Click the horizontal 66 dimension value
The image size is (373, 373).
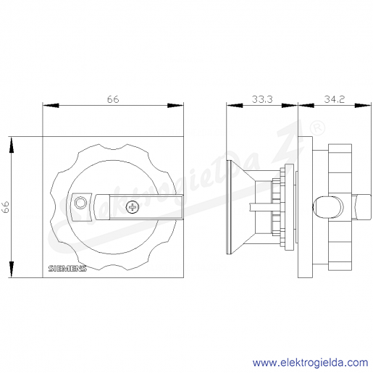[113, 99]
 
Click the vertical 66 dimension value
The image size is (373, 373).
[6, 207]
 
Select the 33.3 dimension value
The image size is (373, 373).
[262, 99]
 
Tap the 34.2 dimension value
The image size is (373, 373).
[335, 99]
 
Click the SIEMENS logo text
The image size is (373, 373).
[67, 269]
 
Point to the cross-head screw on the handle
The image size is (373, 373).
[133, 207]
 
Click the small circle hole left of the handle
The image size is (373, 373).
[80, 203]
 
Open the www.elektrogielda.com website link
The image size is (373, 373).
[310, 363]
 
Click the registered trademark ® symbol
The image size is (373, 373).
[317, 128]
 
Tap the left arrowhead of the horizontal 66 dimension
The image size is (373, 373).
[51, 106]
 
